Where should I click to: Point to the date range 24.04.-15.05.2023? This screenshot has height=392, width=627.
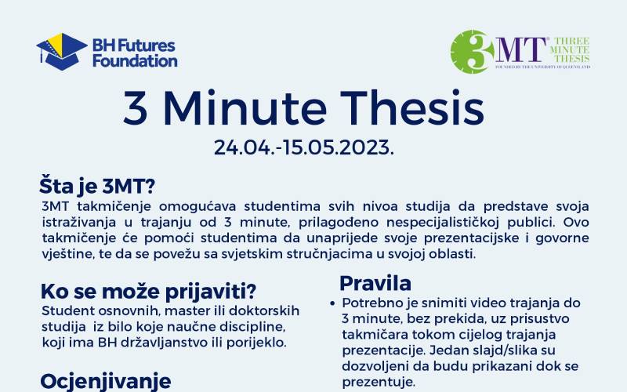(304, 148)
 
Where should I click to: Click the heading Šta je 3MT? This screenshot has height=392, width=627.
(98, 187)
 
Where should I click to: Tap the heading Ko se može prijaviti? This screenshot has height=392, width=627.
(149, 291)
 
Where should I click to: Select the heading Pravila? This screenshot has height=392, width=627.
(375, 282)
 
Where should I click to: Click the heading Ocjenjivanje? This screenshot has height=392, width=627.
(106, 381)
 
